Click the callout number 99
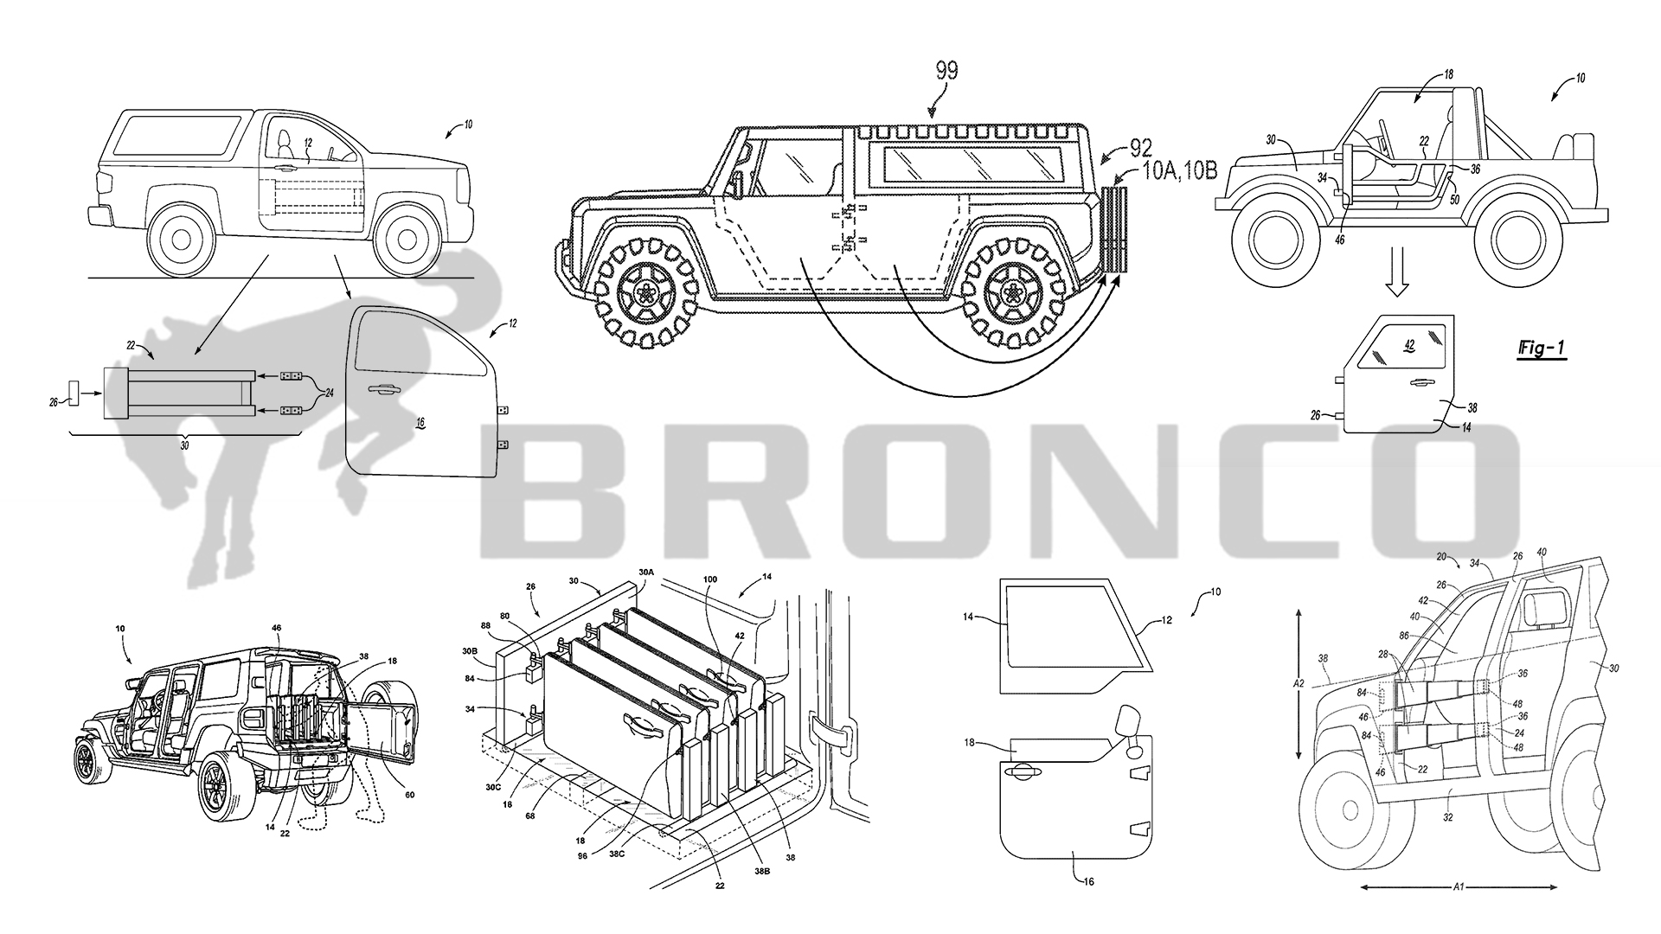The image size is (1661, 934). (947, 71)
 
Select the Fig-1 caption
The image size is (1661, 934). (1542, 349)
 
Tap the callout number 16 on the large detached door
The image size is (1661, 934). (420, 423)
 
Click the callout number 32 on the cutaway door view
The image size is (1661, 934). (1447, 817)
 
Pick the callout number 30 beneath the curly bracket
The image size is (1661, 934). (183, 446)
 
